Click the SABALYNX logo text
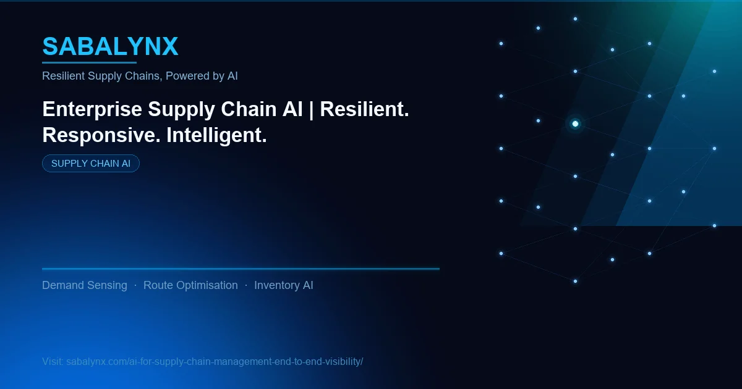pyautogui.click(x=110, y=46)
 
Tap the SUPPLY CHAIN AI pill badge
pyautogui.click(x=91, y=164)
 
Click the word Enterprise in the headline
pyautogui.click(x=92, y=109)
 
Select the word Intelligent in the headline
pyautogui.click(x=216, y=135)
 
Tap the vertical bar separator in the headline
pyautogui.click(x=311, y=109)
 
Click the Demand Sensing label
pyautogui.click(x=85, y=285)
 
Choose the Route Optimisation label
pyautogui.click(x=190, y=285)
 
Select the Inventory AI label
pyautogui.click(x=284, y=285)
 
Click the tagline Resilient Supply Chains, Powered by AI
pyautogui.click(x=140, y=76)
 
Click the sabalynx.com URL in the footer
pyautogui.click(x=215, y=361)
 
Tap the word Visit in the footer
pyautogui.click(x=52, y=361)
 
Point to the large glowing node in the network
pyautogui.click(x=575, y=123)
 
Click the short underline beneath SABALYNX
pyautogui.click(x=89, y=62)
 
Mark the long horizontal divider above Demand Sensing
pyautogui.click(x=241, y=269)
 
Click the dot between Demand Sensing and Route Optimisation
pyautogui.click(x=135, y=285)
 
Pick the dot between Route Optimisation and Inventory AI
pyautogui.click(x=246, y=285)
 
